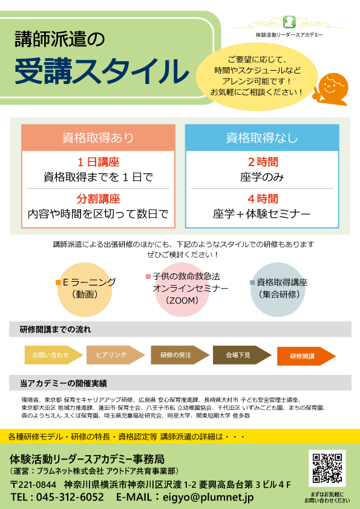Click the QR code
tap(327, 468)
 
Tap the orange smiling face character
tap(330, 89)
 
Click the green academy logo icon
tap(289, 22)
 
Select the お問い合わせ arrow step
tap(54, 355)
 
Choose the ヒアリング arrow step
tap(116, 355)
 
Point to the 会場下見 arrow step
tap(242, 355)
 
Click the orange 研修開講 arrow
tap(306, 356)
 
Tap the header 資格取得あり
tap(98, 138)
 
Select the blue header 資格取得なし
tap(262, 138)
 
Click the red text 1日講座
tap(99, 162)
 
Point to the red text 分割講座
tap(99, 199)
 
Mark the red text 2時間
tap(263, 162)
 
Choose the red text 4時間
tap(263, 199)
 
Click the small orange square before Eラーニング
tap(59, 282)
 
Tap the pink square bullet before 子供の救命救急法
tap(148, 277)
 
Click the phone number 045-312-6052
tap(70, 497)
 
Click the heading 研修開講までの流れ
tap(55, 329)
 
